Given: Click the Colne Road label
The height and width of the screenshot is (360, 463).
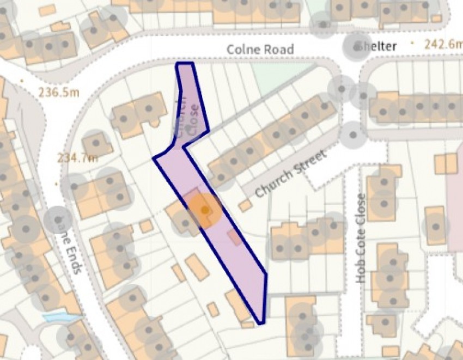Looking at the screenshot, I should pos(260,50).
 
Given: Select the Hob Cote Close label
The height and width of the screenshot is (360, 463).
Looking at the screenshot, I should pos(361,238).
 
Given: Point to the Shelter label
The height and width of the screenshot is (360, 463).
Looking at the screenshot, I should pos(376,46).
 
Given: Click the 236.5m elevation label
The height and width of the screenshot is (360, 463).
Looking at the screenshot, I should pos(58,92).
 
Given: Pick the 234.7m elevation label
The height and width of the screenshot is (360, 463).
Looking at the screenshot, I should pos(77,158).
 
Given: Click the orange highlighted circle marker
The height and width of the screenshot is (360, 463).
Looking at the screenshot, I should pos(204,209).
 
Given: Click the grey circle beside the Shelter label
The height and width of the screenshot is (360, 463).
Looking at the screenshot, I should pos(355,47).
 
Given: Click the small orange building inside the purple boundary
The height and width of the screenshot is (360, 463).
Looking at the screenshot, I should pos(235,237).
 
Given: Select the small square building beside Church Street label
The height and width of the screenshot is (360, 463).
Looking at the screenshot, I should pos(245,205).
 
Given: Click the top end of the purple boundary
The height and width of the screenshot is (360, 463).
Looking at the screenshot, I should pos(185,64).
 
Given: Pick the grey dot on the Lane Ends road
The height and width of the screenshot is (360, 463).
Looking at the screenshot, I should pos(57,219).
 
